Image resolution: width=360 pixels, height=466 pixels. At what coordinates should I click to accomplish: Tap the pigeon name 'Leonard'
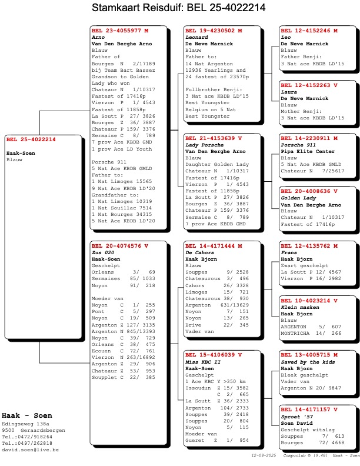click(x=196, y=37)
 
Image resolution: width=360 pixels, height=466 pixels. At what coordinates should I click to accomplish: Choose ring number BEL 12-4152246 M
click(x=309, y=30)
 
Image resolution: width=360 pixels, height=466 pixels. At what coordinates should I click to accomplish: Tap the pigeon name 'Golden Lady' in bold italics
click(x=298, y=198)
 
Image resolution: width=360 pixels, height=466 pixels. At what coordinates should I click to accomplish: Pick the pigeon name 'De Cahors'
click(x=199, y=252)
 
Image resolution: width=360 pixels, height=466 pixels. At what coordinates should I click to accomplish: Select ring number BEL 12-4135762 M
click(x=309, y=245)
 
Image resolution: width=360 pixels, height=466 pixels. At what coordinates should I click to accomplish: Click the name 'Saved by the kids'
click(x=305, y=362)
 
